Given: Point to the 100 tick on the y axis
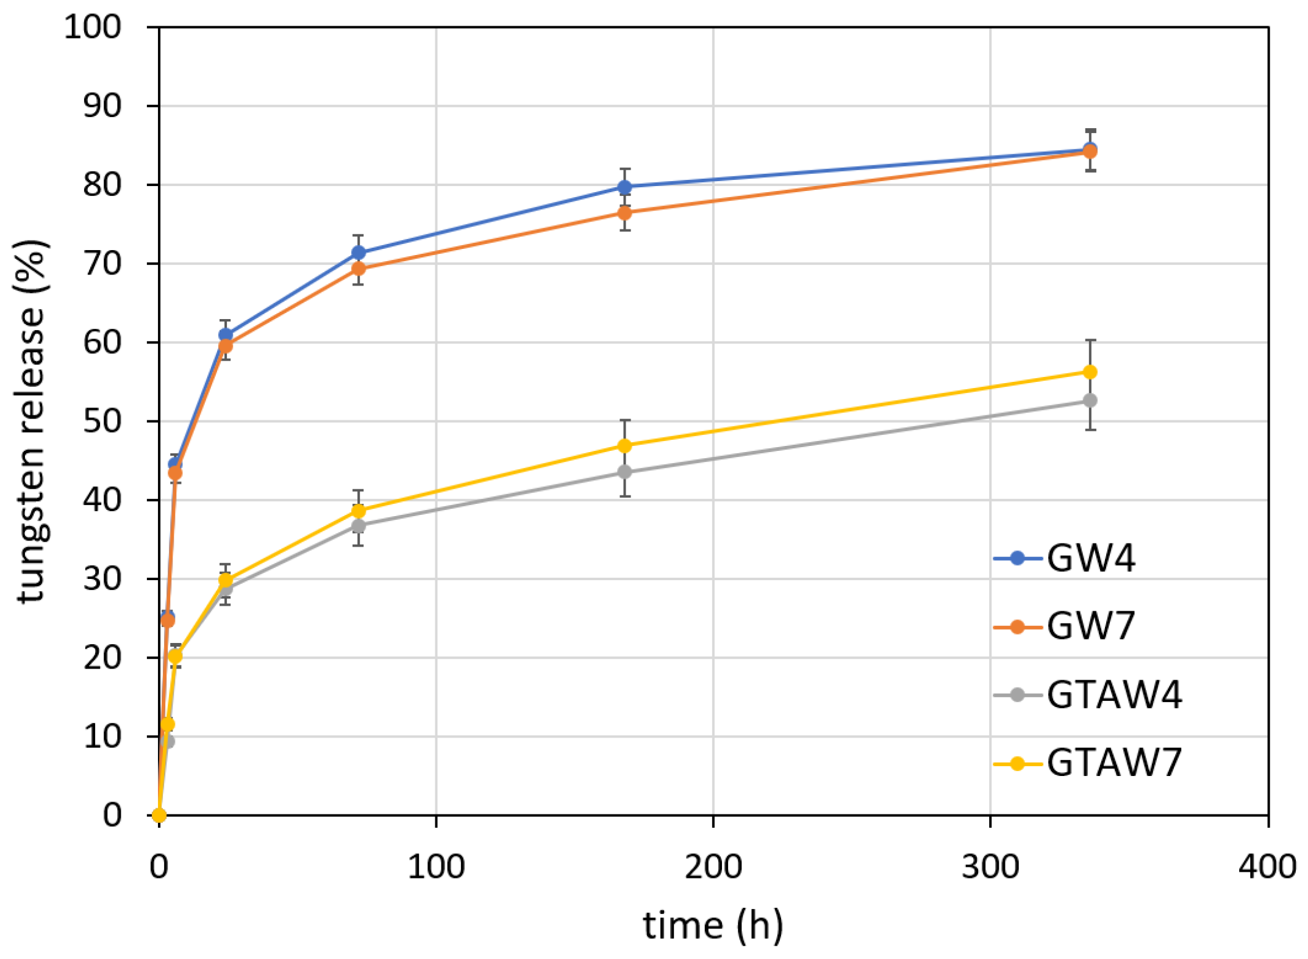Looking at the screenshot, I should click(93, 27).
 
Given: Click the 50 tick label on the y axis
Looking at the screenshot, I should click(102, 421).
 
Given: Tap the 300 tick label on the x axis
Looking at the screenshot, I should click(990, 867).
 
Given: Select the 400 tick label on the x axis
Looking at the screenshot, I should click(1267, 867).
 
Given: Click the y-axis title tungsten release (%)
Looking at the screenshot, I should click(30, 421).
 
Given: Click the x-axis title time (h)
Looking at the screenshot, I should click(713, 926).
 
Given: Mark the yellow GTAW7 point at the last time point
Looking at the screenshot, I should click(1090, 372).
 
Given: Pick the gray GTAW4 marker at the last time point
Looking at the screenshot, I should click(1090, 401).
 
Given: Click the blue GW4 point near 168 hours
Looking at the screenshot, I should click(624, 187).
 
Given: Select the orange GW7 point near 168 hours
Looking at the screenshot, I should click(624, 213).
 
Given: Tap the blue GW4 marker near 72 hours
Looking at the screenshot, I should click(359, 253).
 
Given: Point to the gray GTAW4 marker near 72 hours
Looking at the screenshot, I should click(359, 526).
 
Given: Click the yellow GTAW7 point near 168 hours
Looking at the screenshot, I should click(624, 446).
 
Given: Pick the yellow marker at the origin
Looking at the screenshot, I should click(159, 815).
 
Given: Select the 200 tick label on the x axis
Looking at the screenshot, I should click(713, 867).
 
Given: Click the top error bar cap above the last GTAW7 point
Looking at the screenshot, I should click(1090, 340).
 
